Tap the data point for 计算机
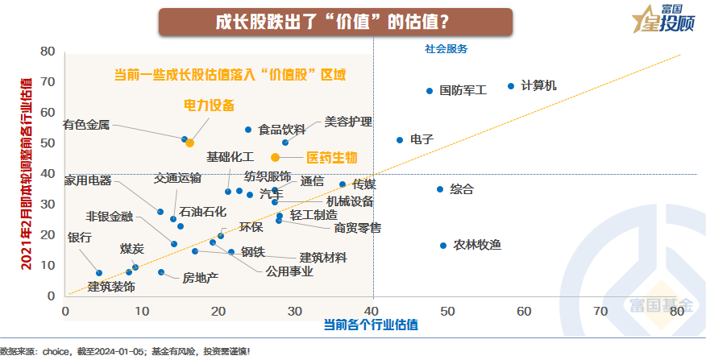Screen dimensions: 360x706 pos(511,86)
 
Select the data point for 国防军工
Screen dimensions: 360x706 pos(430,91)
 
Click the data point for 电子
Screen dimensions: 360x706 pos(400,140)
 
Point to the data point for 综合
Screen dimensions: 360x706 pos(440,189)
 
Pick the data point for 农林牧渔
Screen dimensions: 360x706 pos(443,246)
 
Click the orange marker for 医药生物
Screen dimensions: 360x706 pos(275,158)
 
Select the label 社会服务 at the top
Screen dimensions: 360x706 pos(446,48)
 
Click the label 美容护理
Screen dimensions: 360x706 pos(348,122)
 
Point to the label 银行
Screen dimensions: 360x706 pos(79,238)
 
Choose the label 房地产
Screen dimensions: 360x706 pos(200,278)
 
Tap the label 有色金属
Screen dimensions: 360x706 pos(86,125)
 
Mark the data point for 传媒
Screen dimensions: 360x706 pos(343,184)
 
